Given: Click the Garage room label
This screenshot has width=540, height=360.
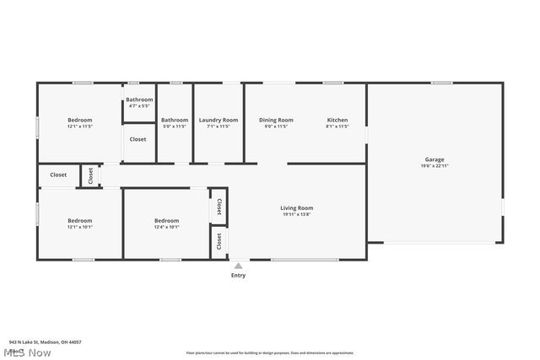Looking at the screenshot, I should tap(434, 159).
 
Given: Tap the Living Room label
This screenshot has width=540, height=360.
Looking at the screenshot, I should tap(296, 207).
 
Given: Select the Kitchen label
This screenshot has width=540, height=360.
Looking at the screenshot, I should tap(337, 120).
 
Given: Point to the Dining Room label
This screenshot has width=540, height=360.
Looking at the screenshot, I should tap(276, 120).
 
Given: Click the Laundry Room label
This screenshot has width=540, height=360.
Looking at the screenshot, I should tap(219, 120).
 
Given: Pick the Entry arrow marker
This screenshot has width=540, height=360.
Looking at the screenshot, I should tap(238, 266).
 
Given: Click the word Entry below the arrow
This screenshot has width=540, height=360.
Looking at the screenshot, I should tap(239, 275).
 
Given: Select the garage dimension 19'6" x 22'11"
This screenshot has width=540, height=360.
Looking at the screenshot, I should tap(434, 166).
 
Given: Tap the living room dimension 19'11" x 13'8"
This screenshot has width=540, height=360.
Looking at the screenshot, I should tap(296, 214).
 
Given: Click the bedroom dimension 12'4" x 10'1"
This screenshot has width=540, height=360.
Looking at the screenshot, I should tap(166, 227).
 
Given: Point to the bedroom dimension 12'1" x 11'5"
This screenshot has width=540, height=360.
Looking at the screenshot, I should tap(80, 126).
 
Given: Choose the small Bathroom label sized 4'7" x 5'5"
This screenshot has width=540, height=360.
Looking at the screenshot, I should tap(140, 99).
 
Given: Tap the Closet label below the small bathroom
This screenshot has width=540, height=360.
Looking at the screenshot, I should tap(138, 139).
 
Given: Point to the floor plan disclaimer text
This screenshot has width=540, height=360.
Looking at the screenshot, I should tap(270, 352).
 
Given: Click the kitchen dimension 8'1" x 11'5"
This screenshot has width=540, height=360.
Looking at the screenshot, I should tap(337, 126).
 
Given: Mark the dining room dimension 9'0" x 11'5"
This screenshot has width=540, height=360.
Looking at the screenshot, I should tap(276, 126).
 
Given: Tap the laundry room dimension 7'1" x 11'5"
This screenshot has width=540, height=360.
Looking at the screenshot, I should tap(219, 126).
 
